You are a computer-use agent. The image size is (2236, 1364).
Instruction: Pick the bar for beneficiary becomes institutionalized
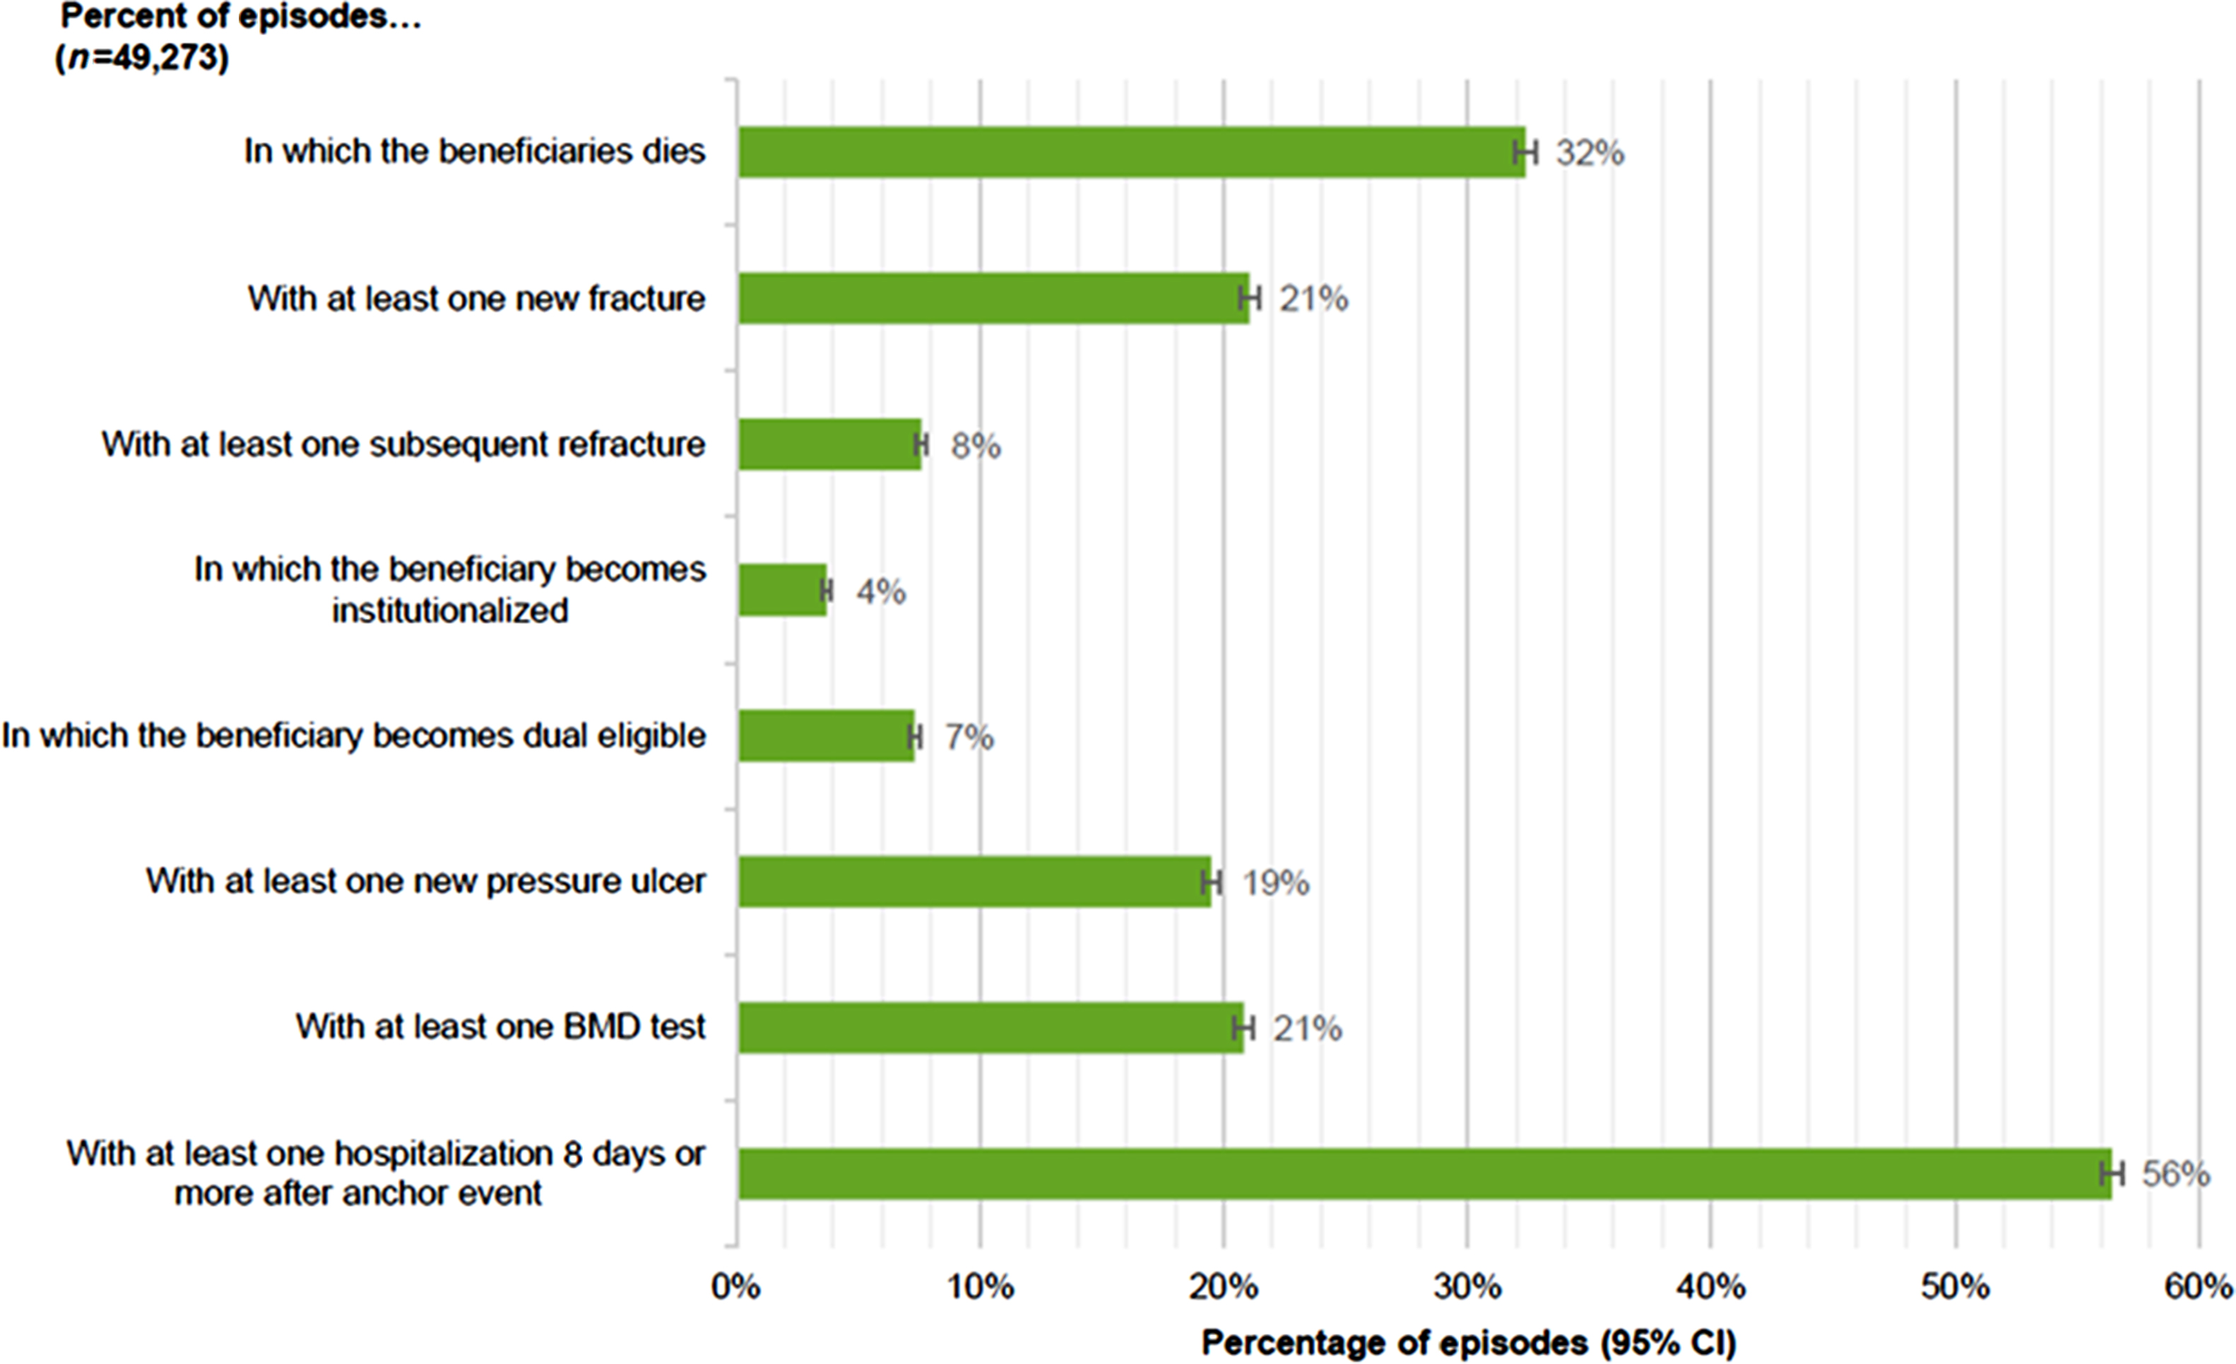click(x=781, y=590)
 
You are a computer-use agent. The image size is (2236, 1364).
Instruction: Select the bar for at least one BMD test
click(x=990, y=1027)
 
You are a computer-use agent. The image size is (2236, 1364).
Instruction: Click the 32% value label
click(x=1590, y=153)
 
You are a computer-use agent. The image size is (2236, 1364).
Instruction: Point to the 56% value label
click(x=2175, y=1174)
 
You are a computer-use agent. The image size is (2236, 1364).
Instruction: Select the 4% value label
click(x=880, y=592)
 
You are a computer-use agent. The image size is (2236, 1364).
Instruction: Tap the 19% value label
click(x=1275, y=882)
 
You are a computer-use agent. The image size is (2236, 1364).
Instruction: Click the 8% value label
click(x=976, y=446)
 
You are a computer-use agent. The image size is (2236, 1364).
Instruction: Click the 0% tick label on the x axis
click(x=736, y=1287)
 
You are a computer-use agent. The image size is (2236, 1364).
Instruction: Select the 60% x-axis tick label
click(x=2198, y=1287)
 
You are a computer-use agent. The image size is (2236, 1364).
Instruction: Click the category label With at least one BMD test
click(x=500, y=1026)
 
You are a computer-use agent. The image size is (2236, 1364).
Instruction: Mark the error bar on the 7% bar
click(x=915, y=736)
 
